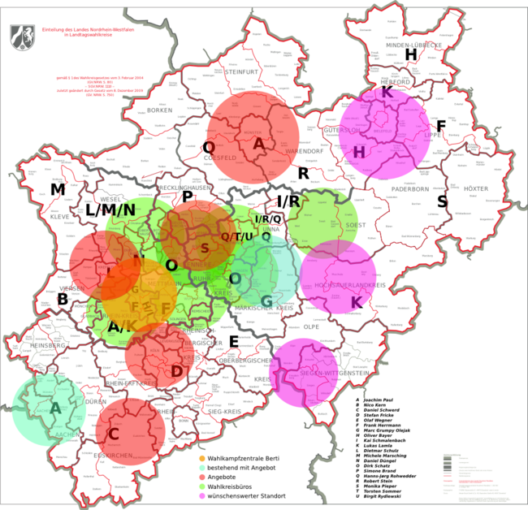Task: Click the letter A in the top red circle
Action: pyautogui.click(x=258, y=144)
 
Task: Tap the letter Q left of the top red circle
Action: pyautogui.click(x=209, y=147)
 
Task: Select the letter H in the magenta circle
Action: pyautogui.click(x=359, y=152)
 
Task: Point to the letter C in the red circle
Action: pyautogui.click(x=114, y=434)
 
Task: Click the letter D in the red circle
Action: pyautogui.click(x=176, y=371)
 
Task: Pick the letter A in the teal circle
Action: pyautogui.click(x=55, y=408)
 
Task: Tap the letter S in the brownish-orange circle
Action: pyautogui.click(x=205, y=249)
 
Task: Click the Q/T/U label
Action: pyautogui.click(x=237, y=236)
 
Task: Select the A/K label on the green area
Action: pyautogui.click(x=123, y=327)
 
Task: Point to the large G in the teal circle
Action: pyautogui.click(x=266, y=300)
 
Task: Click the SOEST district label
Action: pyautogui.click(x=351, y=224)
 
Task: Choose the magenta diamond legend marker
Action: pyautogui.click(x=202, y=495)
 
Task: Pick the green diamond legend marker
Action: pyautogui.click(x=202, y=486)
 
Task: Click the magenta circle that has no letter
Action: pyautogui.click(x=303, y=372)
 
